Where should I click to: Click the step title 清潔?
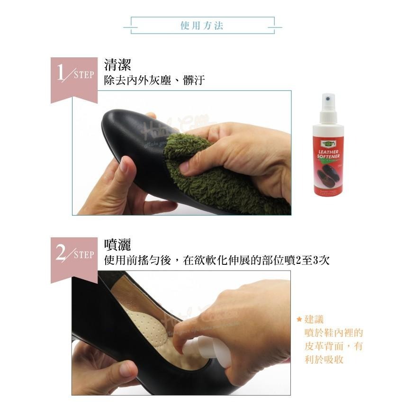pos(117,65)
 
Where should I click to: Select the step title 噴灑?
pos(117,244)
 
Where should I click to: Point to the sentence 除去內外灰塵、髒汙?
pos(154,81)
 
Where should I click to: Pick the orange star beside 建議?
pos(299,319)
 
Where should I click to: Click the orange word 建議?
pos(315,320)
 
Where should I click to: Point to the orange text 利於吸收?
pos(324,360)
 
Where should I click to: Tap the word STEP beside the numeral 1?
pos(84,75)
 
